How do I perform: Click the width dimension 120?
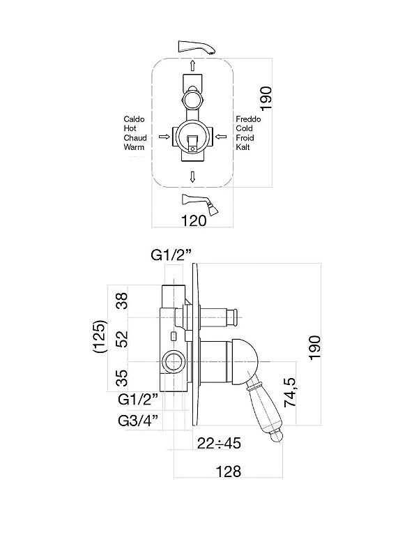tap(194, 221)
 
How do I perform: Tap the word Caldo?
tap(134, 119)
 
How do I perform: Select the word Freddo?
tap(248, 119)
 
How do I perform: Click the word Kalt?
tap(243, 147)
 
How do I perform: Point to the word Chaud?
tap(135, 137)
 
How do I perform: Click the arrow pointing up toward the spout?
tap(192, 65)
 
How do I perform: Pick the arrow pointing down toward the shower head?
tap(192, 177)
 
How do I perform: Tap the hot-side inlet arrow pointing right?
tap(164, 137)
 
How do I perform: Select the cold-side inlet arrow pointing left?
tap(221, 136)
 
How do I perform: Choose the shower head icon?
tap(199, 204)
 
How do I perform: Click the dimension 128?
tap(229, 472)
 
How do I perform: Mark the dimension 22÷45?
tap(219, 444)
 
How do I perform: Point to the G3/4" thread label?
tap(137, 421)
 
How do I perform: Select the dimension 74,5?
tap(290, 392)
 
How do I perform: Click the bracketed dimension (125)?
tap(99, 336)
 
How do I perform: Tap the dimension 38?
tap(122, 301)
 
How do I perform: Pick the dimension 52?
tap(122, 339)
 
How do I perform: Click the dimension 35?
tap(122, 378)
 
